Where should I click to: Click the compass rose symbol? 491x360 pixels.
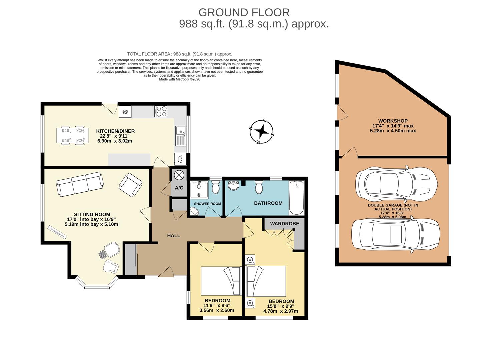262,132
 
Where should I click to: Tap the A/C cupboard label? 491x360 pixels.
179,188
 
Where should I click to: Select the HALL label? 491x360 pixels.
173,235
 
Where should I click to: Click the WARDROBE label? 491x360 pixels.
284,224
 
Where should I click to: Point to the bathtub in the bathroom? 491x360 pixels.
296,198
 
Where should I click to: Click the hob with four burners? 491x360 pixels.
161,111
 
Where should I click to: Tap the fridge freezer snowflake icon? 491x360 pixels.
125,112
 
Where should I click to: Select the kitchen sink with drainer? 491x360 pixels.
181,136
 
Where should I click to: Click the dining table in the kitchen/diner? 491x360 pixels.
73,135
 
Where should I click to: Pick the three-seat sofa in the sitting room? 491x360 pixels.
80,183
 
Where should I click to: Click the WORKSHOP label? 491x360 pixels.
393,121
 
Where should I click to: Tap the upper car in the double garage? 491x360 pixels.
396,184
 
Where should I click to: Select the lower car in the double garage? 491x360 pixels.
396,234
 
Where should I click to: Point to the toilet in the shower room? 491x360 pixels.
216,187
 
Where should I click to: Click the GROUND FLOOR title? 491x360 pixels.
244,13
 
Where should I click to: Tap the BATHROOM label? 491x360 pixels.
268,203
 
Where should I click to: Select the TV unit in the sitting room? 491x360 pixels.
57,232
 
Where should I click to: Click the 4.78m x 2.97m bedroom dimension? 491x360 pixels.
280,311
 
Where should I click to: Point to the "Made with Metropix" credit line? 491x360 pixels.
179,79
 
